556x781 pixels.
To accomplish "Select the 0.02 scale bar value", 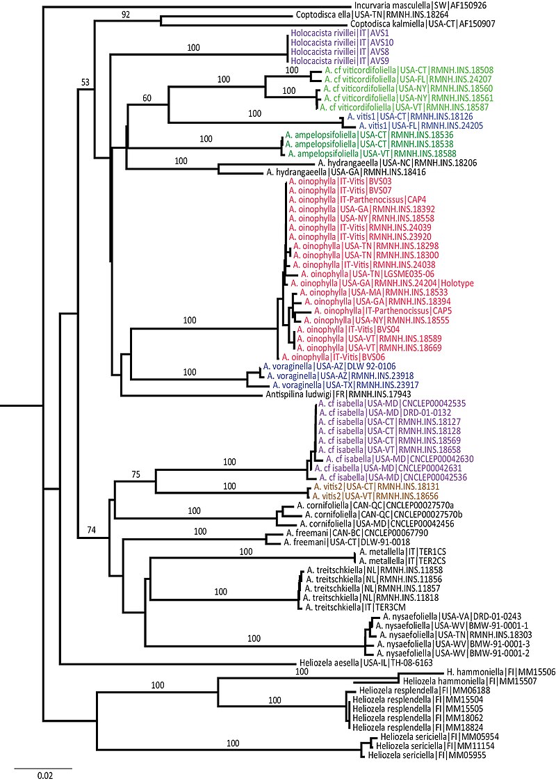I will pos(42,773).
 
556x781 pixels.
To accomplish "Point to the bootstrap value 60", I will pos(147,97).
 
